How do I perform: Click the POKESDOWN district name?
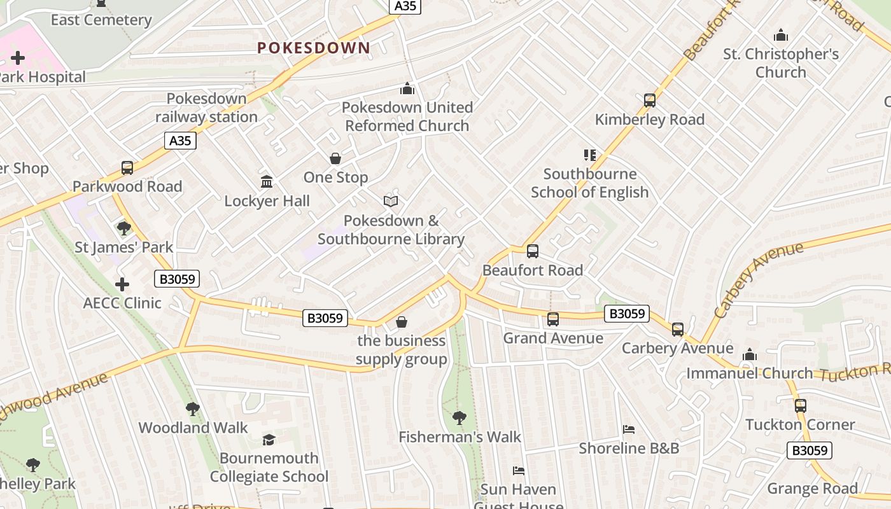tap(313, 48)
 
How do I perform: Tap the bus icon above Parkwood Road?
tap(127, 168)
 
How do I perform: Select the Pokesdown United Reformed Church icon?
tap(407, 88)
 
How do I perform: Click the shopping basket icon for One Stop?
tap(335, 158)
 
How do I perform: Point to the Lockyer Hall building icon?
tap(267, 182)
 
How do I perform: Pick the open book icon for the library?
tap(391, 202)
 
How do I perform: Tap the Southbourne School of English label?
tap(589, 183)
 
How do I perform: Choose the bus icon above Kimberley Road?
tap(649, 101)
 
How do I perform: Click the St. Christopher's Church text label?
tap(781, 63)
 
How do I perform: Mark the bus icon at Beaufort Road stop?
tap(533, 251)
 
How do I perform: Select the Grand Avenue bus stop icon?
tap(553, 319)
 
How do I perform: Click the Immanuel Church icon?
tap(750, 354)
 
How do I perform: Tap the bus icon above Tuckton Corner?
tap(800, 406)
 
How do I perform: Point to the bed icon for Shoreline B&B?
tap(629, 429)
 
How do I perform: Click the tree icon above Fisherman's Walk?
tap(459, 418)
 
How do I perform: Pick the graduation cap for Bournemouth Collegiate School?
tap(269, 440)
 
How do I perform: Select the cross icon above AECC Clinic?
tap(122, 284)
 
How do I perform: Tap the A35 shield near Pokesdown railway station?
tap(180, 141)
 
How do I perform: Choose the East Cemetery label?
tap(101, 20)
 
